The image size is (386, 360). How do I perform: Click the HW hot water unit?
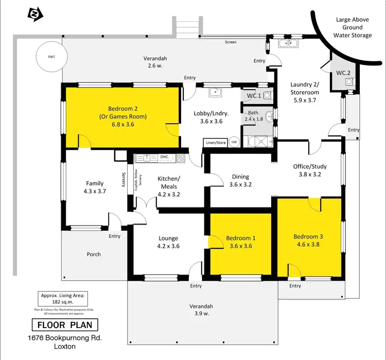[234, 142]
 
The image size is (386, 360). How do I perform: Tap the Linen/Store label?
[216, 142]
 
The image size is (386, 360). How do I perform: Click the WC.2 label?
[343, 73]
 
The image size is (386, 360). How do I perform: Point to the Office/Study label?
[310, 166]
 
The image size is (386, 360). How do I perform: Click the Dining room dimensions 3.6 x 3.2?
[240, 184]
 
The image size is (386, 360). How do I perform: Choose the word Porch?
[94, 254]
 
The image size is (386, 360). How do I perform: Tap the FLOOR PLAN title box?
[64, 325]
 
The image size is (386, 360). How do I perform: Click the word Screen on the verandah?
[231, 42]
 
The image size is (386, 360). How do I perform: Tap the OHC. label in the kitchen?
[165, 157]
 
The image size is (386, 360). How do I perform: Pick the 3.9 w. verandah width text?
[203, 314]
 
